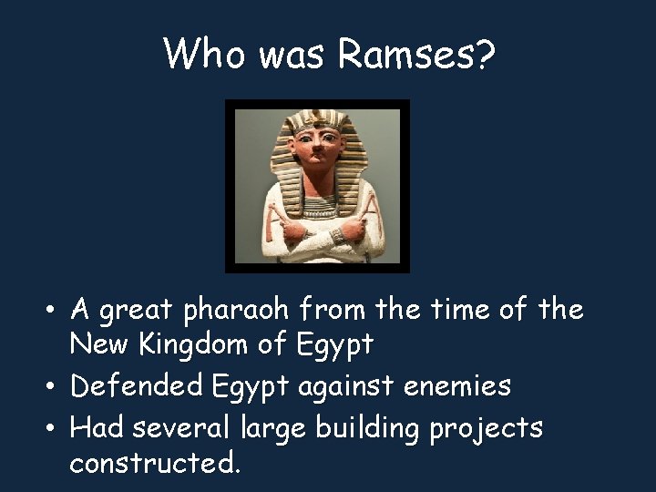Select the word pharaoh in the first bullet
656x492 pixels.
pyautogui.click(x=235, y=312)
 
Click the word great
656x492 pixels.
pyautogui.click(x=138, y=312)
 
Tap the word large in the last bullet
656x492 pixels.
pyautogui.click(x=277, y=427)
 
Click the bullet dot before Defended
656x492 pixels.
pyautogui.click(x=55, y=387)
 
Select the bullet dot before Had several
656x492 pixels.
pyautogui.click(x=55, y=428)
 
